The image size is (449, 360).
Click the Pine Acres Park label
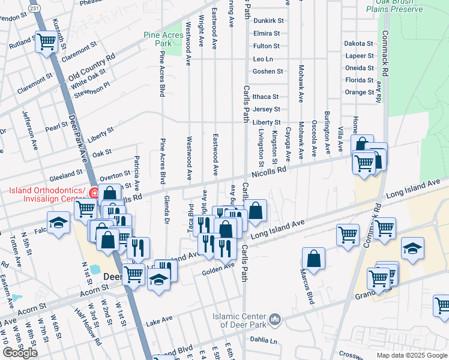click(x=163, y=39)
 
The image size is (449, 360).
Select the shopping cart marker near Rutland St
click(x=46, y=43)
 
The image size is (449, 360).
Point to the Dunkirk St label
click(x=268, y=20)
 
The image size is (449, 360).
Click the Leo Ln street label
click(x=263, y=59)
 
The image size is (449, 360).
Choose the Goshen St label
click(x=268, y=71)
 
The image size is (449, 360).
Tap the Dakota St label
click(x=359, y=43)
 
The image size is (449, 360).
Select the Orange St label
click(x=360, y=92)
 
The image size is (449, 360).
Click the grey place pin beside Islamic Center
click(x=275, y=319)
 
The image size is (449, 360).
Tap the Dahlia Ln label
click(x=265, y=341)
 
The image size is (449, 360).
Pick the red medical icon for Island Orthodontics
click(x=94, y=193)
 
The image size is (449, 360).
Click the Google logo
click(x=20, y=353)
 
